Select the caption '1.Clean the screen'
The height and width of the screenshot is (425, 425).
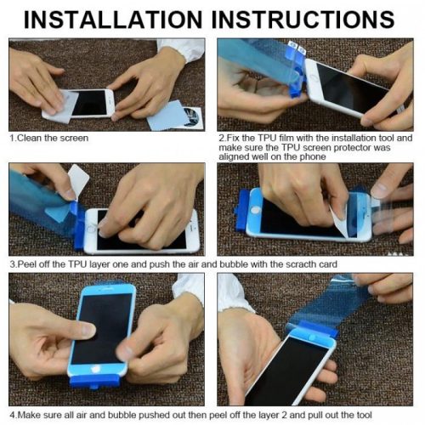click(x=48, y=137)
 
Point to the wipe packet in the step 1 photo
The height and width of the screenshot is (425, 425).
click(x=173, y=116)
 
